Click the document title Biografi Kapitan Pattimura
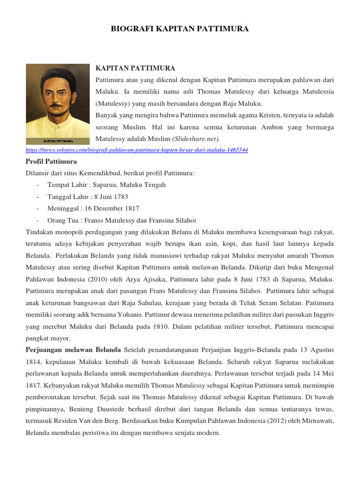[180, 29]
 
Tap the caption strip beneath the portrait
[57, 141]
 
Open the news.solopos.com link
[136, 150]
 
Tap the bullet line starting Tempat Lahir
[106, 185]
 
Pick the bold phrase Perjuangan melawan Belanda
[73, 350]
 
